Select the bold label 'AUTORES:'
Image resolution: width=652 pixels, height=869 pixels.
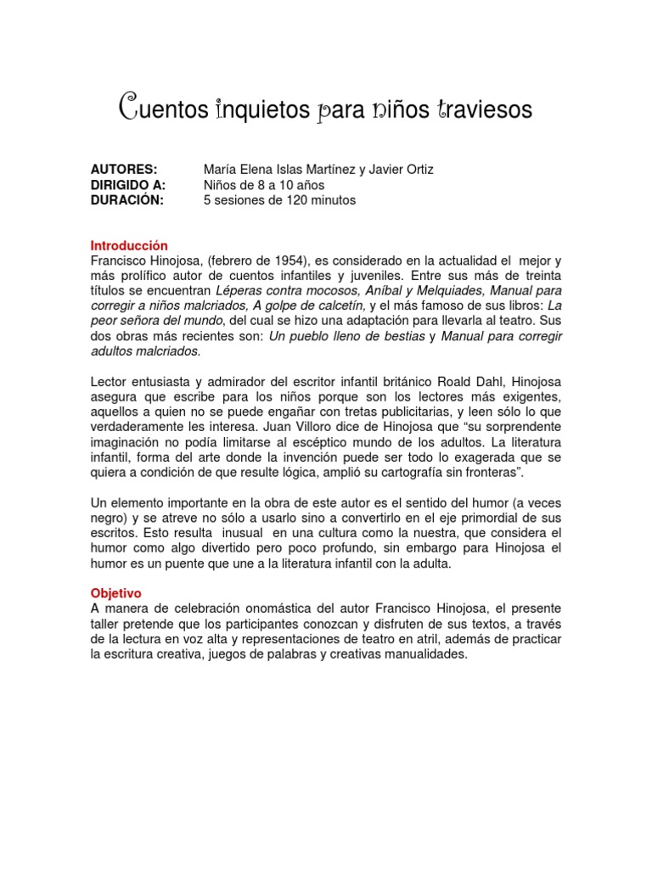[x=124, y=170]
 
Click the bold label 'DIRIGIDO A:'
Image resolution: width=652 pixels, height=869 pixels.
[x=128, y=185]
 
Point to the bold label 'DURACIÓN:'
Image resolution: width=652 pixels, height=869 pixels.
[x=126, y=200]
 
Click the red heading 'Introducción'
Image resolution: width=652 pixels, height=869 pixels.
[x=129, y=245]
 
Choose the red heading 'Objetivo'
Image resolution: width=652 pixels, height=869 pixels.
[x=115, y=594]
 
